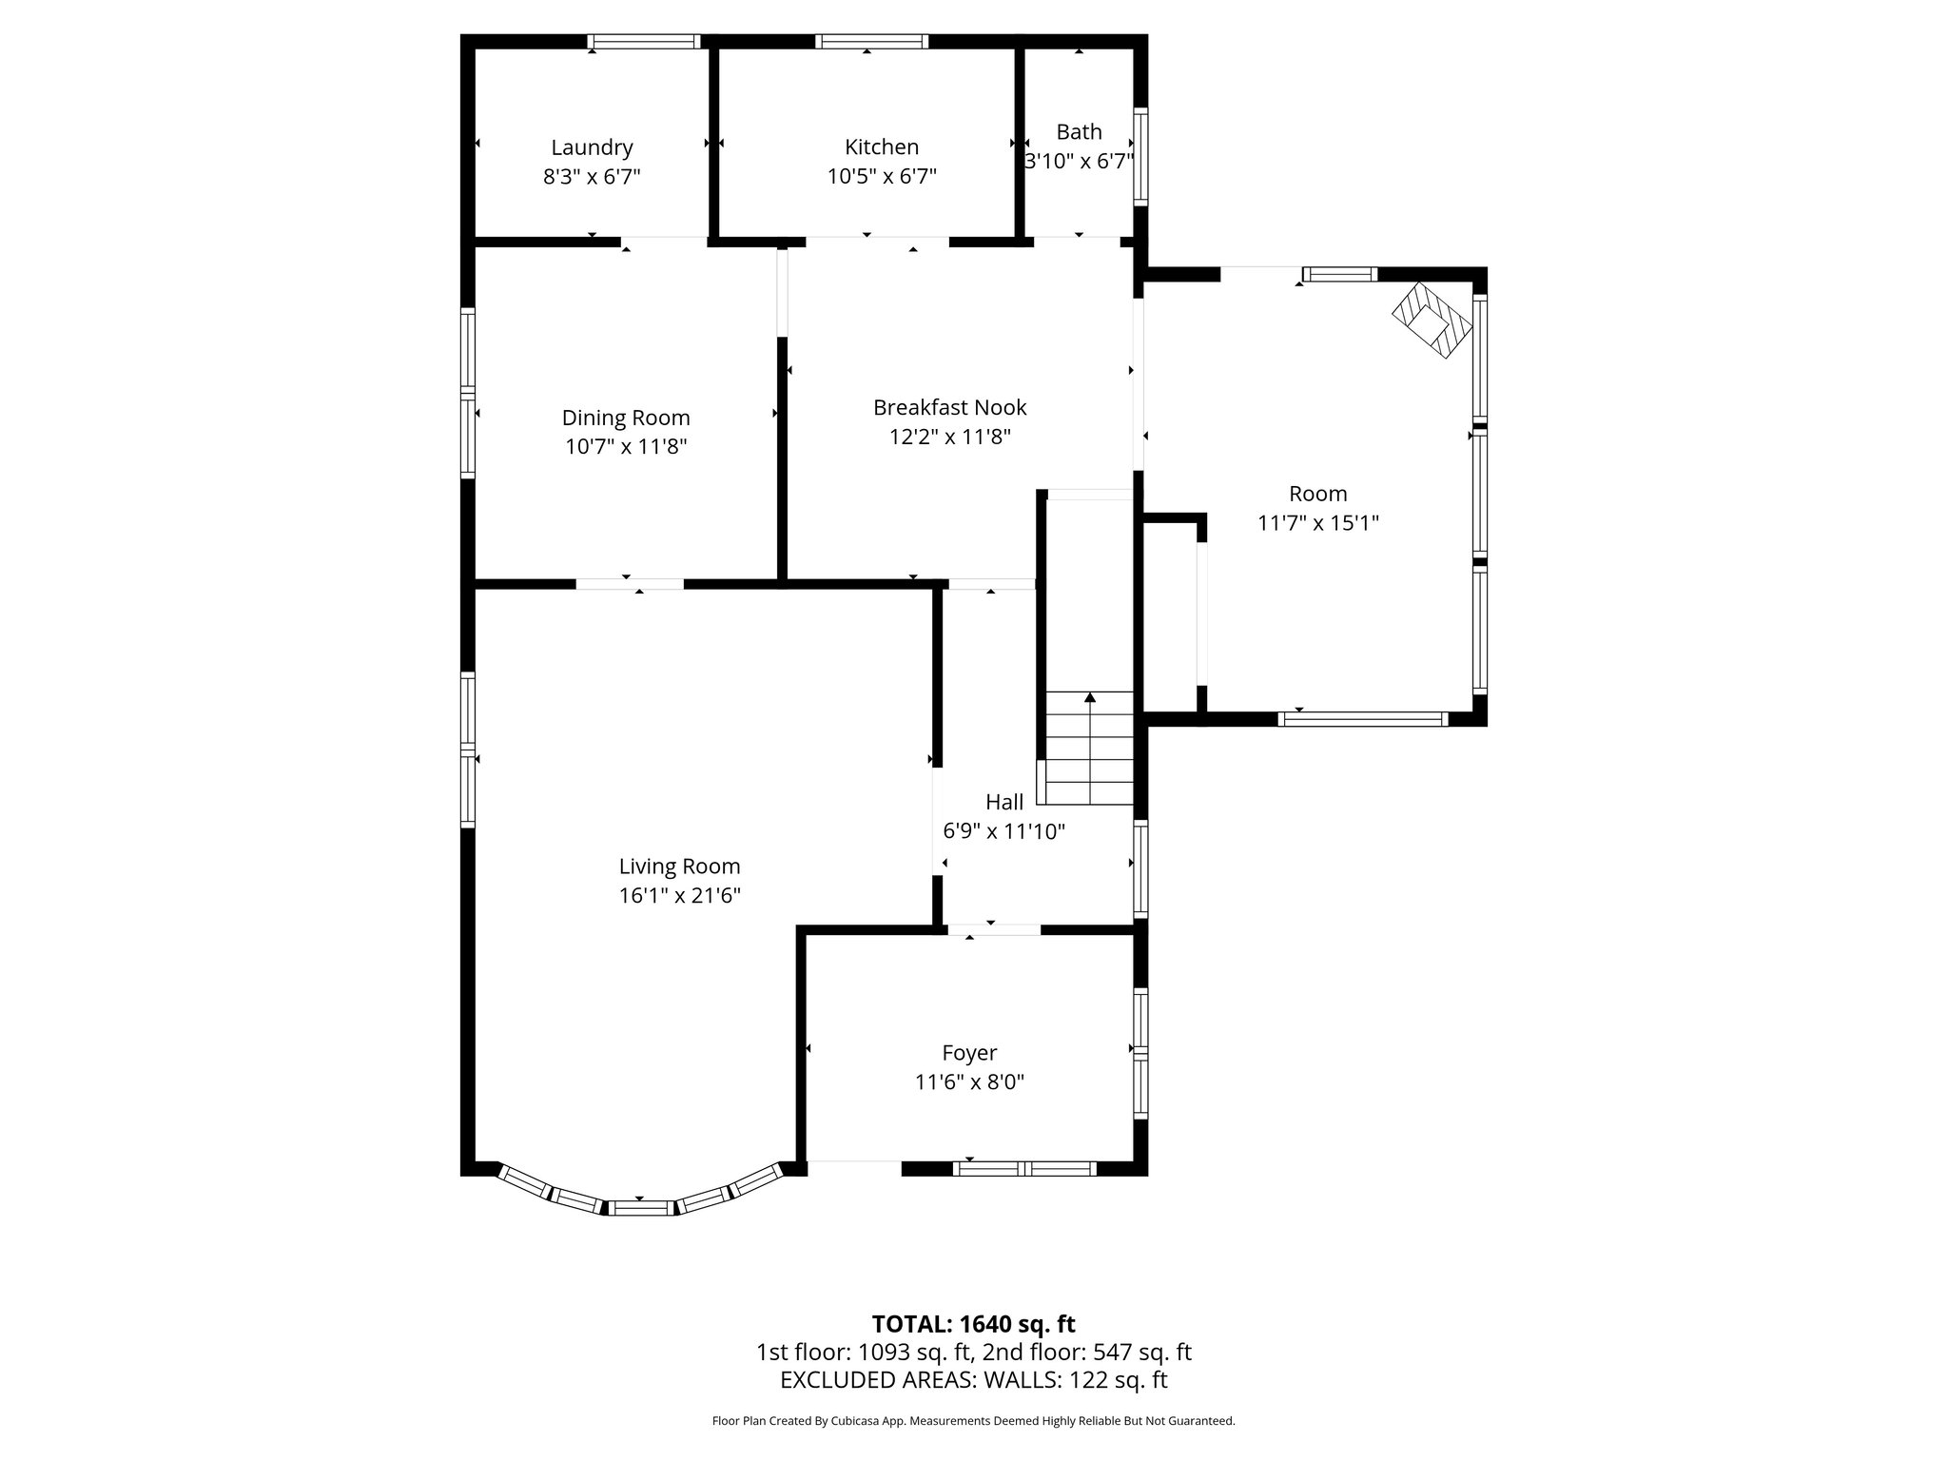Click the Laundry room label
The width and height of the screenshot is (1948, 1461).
click(x=592, y=147)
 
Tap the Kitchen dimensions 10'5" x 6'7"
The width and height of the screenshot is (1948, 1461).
click(x=882, y=176)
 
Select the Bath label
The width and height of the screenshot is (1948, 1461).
click(x=1079, y=131)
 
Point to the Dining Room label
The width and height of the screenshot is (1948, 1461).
click(x=626, y=418)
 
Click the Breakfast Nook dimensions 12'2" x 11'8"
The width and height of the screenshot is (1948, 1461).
click(x=949, y=437)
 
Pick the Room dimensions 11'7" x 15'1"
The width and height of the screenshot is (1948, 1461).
click(x=1317, y=522)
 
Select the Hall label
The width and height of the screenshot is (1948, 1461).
click(x=1004, y=802)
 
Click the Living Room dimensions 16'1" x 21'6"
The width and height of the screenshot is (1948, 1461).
click(x=679, y=895)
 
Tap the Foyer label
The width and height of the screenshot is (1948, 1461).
click(x=969, y=1053)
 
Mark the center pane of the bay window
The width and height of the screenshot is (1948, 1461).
click(x=639, y=1208)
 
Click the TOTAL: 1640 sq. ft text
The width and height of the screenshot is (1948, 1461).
click(x=973, y=1324)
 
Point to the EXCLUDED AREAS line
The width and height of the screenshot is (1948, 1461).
click(x=973, y=1380)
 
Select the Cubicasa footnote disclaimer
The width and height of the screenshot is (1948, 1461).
click(x=973, y=1421)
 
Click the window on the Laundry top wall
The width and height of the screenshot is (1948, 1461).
click(x=643, y=41)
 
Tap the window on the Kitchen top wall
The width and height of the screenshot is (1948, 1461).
click(x=871, y=41)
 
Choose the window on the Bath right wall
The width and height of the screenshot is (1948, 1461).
click(x=1140, y=157)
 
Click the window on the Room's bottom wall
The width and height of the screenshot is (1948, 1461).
click(x=1362, y=719)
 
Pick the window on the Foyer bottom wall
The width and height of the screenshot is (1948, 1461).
click(x=1024, y=1169)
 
